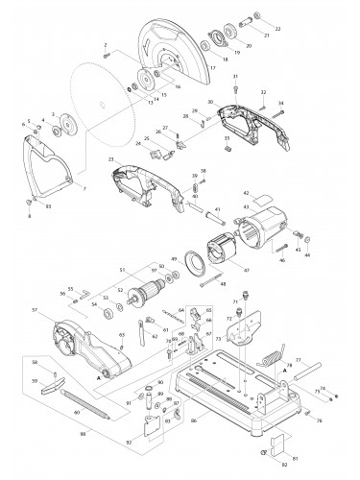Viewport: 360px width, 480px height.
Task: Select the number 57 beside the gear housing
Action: click(35, 311)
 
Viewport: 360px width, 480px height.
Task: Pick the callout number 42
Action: click(245, 193)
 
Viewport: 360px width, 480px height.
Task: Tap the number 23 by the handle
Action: click(112, 158)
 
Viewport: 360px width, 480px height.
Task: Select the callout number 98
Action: click(32, 434)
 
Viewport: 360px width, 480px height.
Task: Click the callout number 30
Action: click(210, 101)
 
